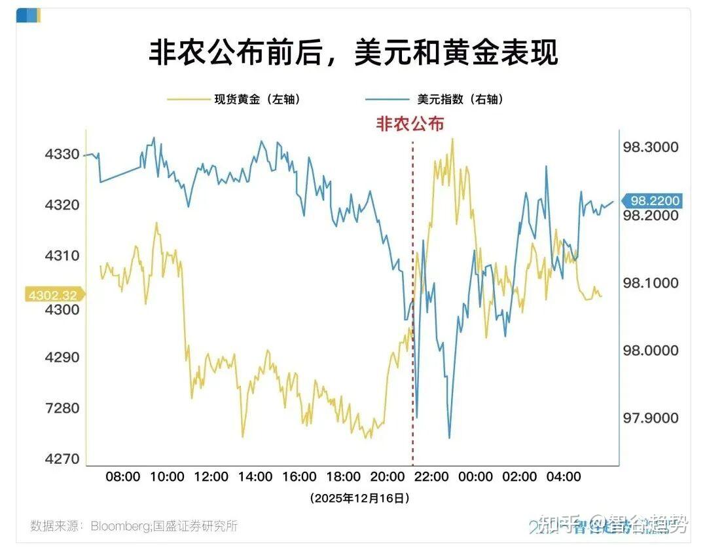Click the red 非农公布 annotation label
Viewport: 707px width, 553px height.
(410, 124)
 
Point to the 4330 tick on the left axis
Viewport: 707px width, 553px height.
(62, 155)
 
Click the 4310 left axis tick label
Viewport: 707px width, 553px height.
(62, 256)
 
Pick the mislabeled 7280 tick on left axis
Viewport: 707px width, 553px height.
(62, 408)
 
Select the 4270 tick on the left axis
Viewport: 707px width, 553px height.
(62, 459)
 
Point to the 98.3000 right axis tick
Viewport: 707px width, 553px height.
(650, 147)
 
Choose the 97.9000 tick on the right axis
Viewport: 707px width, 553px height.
(650, 418)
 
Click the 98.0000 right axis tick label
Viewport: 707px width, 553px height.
(650, 351)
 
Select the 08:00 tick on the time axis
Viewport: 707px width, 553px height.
(123, 477)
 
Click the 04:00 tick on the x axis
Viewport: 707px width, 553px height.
(564, 477)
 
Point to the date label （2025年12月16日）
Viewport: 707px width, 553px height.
(360, 499)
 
